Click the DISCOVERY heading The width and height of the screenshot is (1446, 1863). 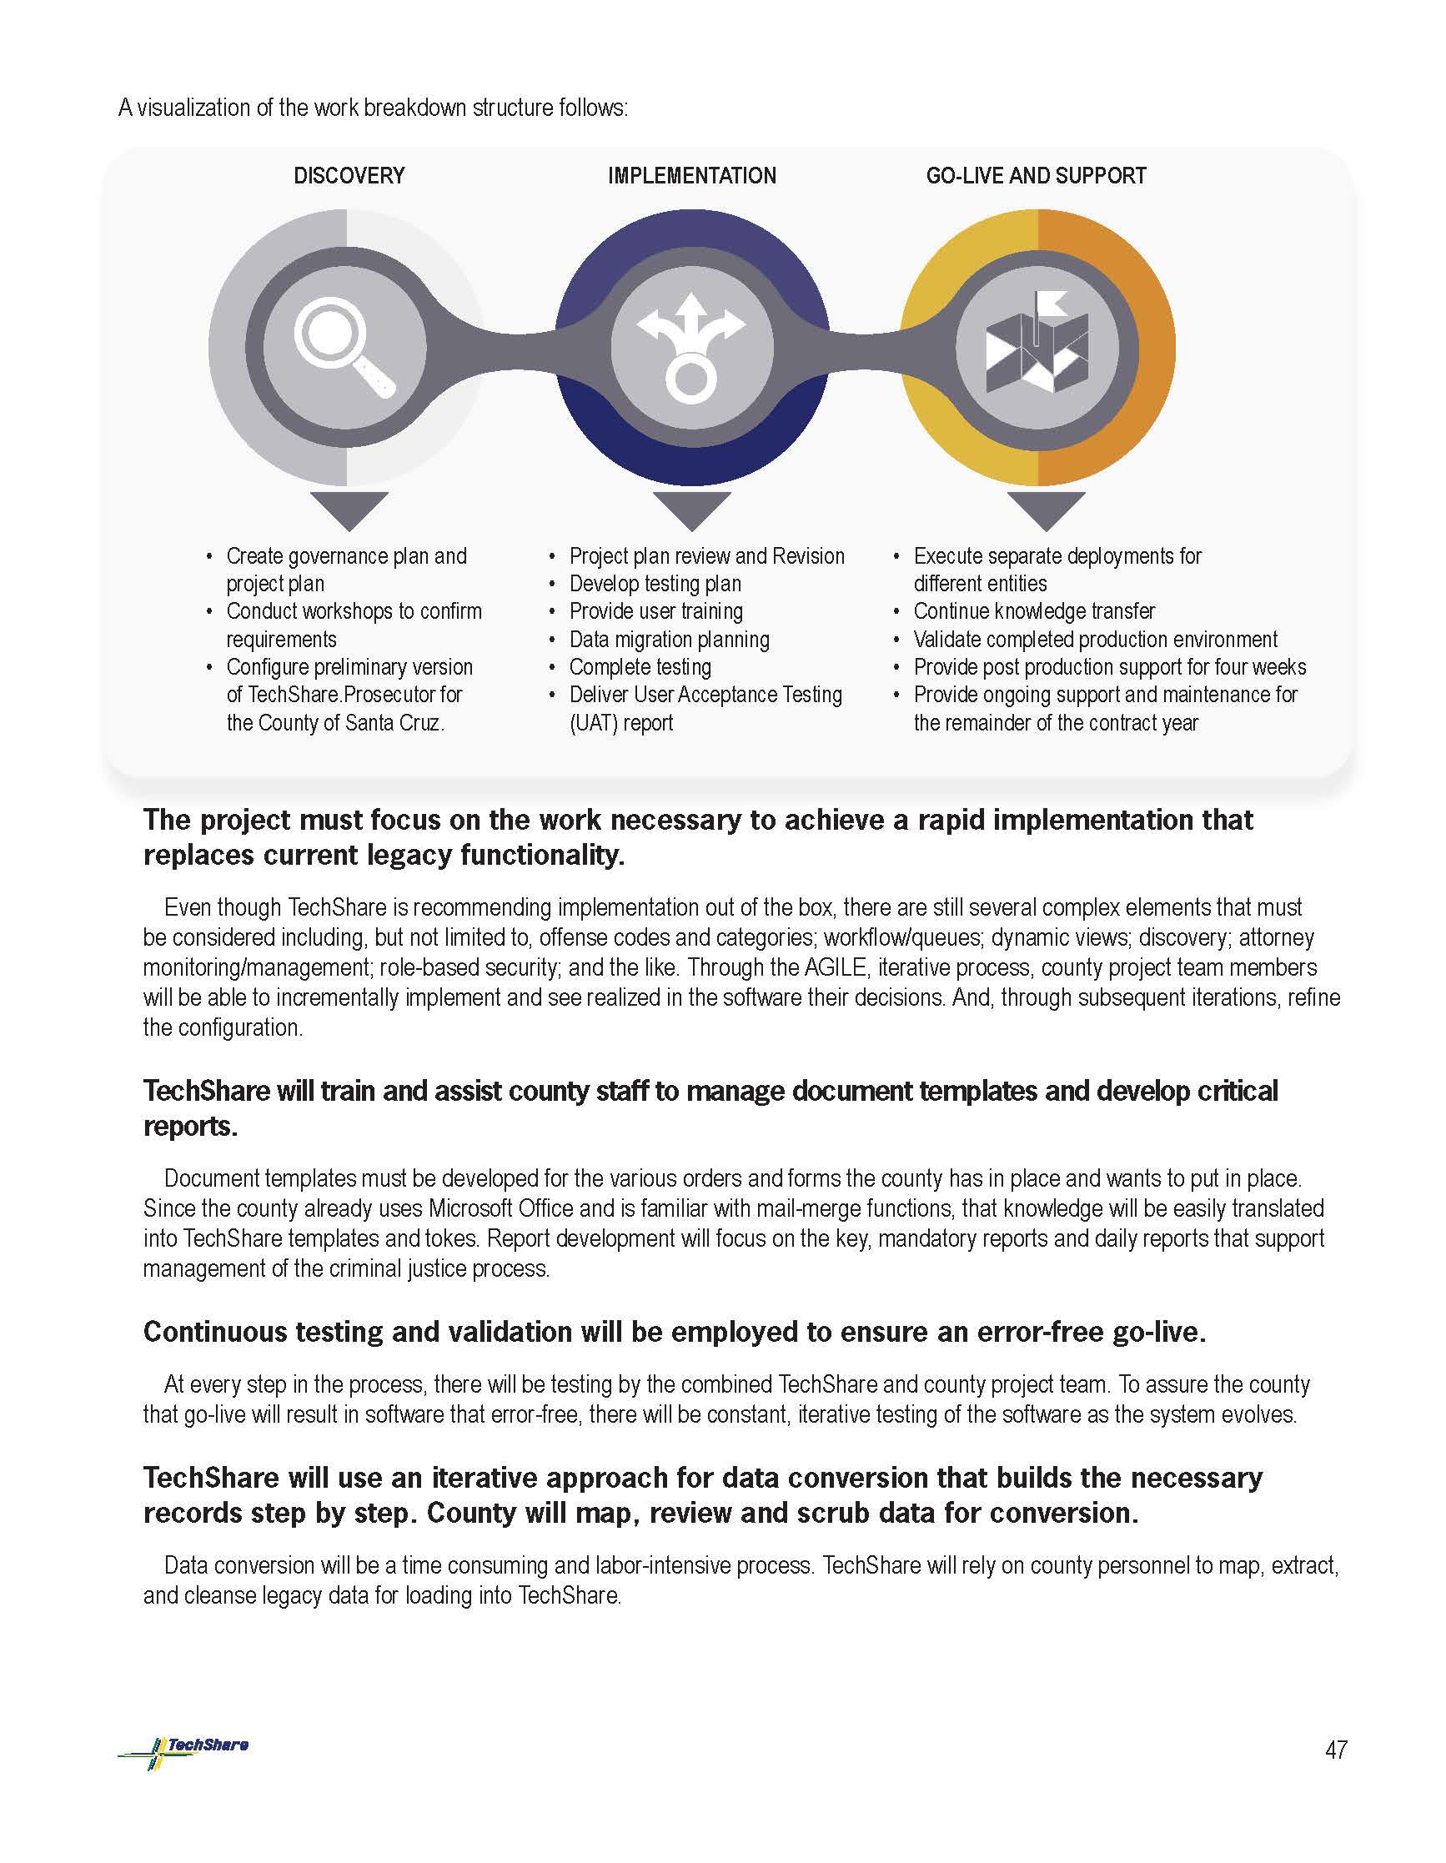point(349,176)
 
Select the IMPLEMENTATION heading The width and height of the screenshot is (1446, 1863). point(692,176)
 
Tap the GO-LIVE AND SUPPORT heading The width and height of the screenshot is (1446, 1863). point(1036,176)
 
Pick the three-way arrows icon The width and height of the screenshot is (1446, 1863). point(692,346)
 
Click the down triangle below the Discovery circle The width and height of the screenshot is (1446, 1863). point(349,510)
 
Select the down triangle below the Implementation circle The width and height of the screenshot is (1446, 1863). point(692,510)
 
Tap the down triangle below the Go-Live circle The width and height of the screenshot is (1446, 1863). point(1046,510)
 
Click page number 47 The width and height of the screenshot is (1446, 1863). point(1336,1750)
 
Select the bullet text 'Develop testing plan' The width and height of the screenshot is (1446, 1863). point(655,584)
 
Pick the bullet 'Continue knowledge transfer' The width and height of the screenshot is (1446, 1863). point(1034,611)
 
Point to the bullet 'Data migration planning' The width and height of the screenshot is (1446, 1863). point(669,640)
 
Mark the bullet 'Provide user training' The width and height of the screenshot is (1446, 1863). point(656,611)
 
